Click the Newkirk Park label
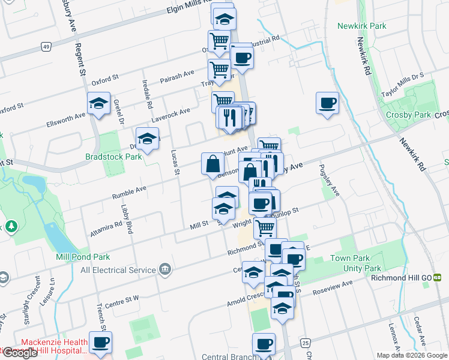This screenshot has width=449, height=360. pos(361,26)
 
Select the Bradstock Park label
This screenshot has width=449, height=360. pos(113,157)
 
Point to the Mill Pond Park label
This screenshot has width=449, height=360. pos(83,257)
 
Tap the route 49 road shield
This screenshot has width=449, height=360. pos(45,46)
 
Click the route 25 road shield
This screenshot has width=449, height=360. pos(306,343)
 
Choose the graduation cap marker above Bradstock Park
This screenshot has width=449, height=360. pos(147,139)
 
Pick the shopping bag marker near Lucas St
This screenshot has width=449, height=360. pos(212,163)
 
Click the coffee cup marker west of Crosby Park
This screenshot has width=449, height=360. pos(327,103)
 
